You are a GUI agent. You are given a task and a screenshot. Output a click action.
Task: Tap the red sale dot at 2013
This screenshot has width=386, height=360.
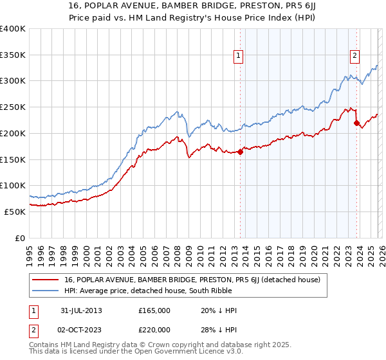(240, 152)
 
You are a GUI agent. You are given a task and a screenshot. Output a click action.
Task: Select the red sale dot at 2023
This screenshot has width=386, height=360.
(356, 123)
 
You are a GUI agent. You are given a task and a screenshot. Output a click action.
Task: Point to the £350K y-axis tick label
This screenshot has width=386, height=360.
(13, 55)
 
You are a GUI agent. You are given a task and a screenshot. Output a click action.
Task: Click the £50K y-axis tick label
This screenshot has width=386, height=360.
(15, 212)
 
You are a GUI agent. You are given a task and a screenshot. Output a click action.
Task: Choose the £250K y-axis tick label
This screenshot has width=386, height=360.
(13, 107)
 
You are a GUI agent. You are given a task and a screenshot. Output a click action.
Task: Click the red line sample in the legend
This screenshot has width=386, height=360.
(46, 280)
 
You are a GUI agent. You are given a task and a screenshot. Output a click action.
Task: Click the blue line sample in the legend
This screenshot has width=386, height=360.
(46, 291)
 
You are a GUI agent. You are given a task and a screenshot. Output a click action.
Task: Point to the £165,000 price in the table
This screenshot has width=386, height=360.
(154, 310)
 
